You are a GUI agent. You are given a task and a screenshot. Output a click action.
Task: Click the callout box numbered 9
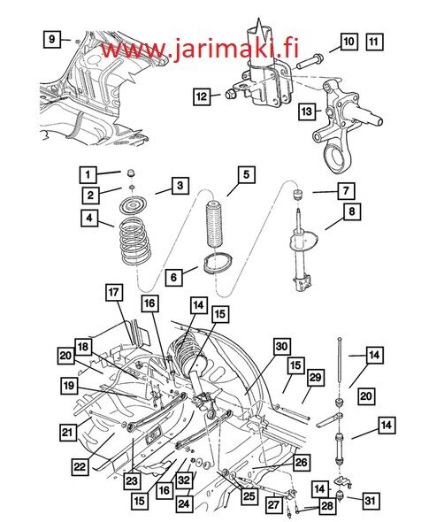pyautogui.click(x=52, y=40)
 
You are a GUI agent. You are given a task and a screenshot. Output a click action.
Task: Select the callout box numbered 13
pyautogui.click(x=307, y=111)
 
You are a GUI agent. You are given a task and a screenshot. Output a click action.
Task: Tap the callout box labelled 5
pyautogui.click(x=246, y=174)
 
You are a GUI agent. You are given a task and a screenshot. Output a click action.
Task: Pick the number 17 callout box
pyautogui.click(x=114, y=292)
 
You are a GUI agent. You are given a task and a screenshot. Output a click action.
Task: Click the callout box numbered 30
pyautogui.click(x=281, y=347)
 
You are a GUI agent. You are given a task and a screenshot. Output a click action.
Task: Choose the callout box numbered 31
pyautogui.click(x=370, y=500)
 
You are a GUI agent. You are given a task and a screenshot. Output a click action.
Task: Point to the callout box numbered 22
pyautogui.click(x=80, y=466)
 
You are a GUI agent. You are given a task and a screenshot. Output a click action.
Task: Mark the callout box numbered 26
pyautogui.click(x=302, y=463)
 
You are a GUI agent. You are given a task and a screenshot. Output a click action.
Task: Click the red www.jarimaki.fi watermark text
pyautogui.click(x=200, y=49)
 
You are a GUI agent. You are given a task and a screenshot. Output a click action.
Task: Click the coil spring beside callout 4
pyautogui.click(x=136, y=241)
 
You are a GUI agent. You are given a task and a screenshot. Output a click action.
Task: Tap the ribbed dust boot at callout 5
pyautogui.click(x=214, y=225)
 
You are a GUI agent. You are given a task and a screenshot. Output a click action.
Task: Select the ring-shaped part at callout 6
pyautogui.click(x=218, y=263)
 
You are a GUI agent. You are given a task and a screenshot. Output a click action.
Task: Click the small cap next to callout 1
pyautogui.click(x=132, y=173)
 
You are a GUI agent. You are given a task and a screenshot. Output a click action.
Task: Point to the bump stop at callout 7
pyautogui.click(x=297, y=194)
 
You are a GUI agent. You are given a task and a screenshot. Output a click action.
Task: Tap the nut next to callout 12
pyautogui.click(x=231, y=95)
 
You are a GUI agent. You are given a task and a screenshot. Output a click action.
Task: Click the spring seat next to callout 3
pyautogui.click(x=134, y=206)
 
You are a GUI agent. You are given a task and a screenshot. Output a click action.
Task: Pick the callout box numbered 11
pyautogui.click(x=374, y=42)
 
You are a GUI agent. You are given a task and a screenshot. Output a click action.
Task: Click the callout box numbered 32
pyautogui.click(x=183, y=480)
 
